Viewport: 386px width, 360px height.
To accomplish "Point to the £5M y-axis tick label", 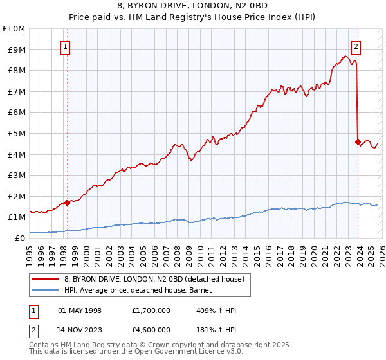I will point(15,134).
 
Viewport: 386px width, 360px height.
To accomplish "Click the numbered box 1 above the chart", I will point(66,46).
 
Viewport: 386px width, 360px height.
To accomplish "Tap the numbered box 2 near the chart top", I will point(356,46).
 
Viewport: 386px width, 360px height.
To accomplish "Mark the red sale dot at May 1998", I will point(67,203).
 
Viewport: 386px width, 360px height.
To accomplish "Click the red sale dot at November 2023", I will point(358,142).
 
